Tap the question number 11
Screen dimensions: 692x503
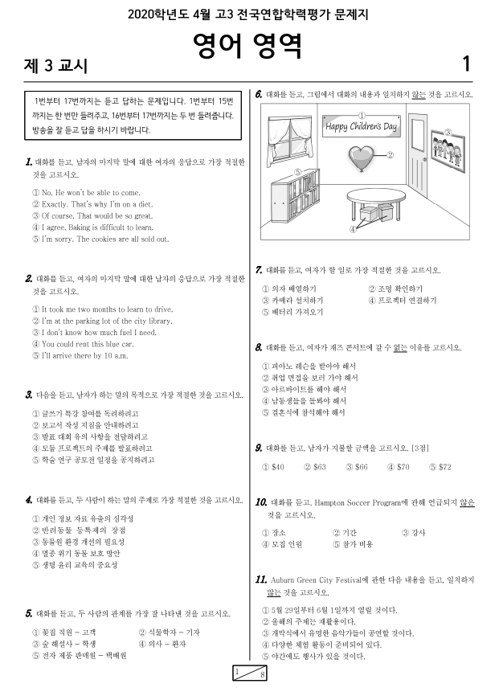coord(260,579)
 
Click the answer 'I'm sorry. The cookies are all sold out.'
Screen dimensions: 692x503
coord(100,239)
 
